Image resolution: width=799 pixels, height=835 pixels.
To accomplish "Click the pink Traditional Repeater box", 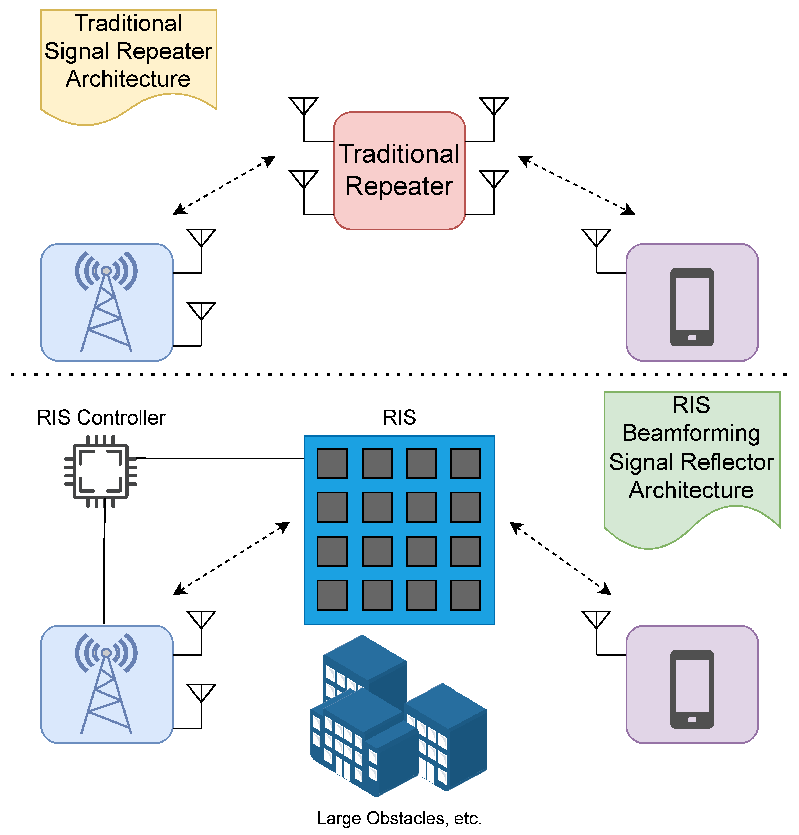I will coord(399,170).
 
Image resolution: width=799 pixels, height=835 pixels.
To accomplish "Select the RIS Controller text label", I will coord(101,418).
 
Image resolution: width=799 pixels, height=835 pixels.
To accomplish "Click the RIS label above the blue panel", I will coord(399,418).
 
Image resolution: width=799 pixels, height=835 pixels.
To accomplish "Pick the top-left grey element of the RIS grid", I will coord(332,463).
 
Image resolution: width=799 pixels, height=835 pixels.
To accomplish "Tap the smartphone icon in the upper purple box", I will coord(692,307).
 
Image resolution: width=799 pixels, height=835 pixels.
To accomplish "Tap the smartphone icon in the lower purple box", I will coord(692,689).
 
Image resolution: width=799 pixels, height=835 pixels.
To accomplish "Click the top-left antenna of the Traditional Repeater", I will coord(304,107).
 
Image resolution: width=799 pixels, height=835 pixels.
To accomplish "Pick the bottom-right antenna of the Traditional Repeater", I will coord(494,180).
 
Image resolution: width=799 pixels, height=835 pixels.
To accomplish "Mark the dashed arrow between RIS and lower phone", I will coord(560,558).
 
